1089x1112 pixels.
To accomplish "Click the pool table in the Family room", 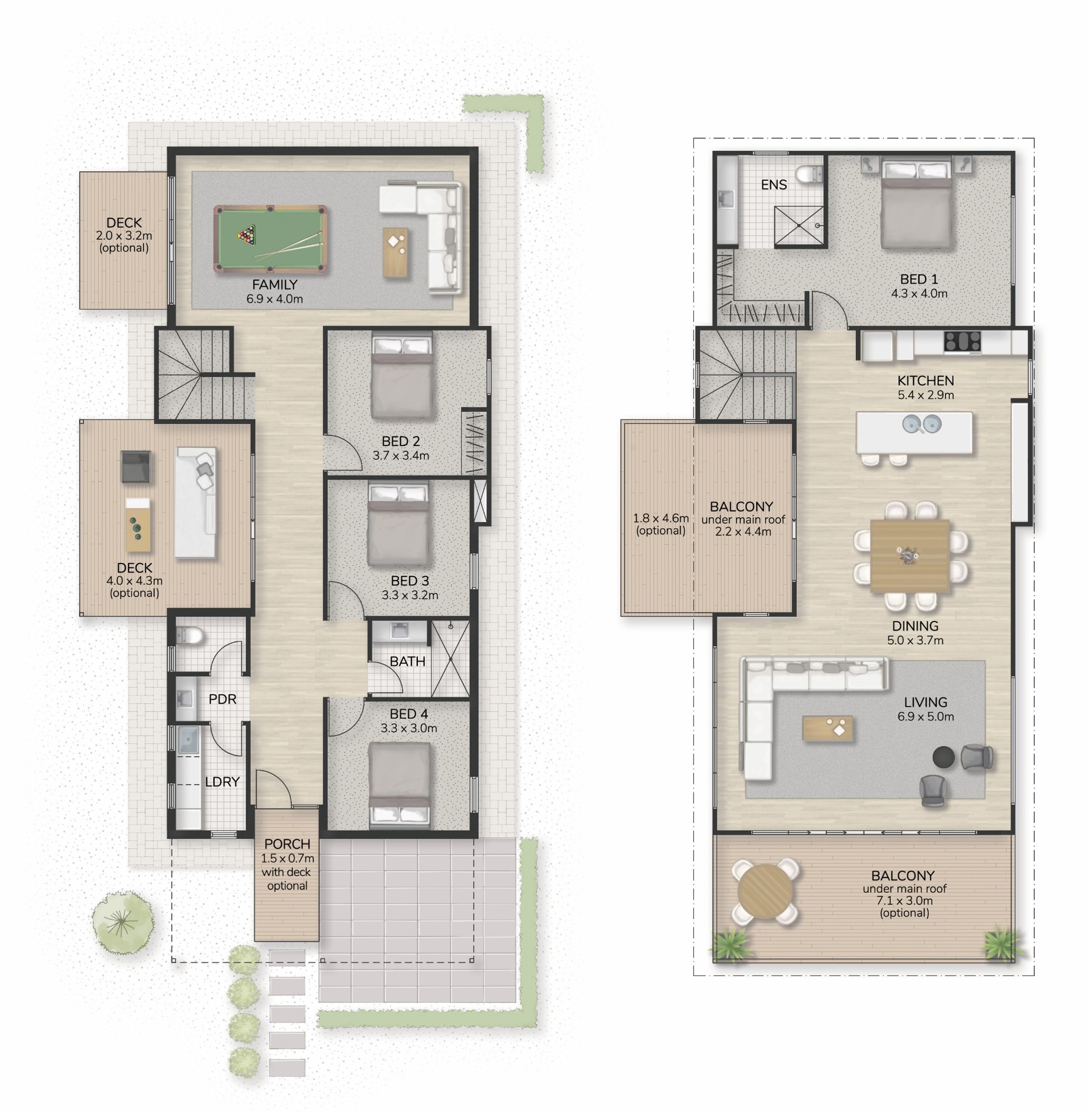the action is (x=270, y=239).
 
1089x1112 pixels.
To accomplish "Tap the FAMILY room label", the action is (x=275, y=284).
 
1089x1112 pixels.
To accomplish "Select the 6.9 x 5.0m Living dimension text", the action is (x=926, y=716).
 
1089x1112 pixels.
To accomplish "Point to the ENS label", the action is (x=774, y=185).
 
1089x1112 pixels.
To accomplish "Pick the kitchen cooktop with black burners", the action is (x=962, y=341).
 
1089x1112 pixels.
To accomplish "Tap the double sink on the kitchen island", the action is (x=922, y=424).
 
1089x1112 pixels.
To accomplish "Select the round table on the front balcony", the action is (x=765, y=891).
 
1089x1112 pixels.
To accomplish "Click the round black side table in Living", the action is (x=943, y=757).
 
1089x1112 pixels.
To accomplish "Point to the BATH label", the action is (x=407, y=662).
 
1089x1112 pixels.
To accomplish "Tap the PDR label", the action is (x=222, y=699).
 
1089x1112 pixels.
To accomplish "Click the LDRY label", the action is (x=222, y=782).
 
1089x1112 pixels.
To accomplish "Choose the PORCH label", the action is (x=287, y=844).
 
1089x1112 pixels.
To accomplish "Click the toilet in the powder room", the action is (x=189, y=635).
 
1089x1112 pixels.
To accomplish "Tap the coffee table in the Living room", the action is (x=828, y=729).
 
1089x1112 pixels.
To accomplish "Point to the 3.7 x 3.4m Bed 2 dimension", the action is (x=401, y=456).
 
